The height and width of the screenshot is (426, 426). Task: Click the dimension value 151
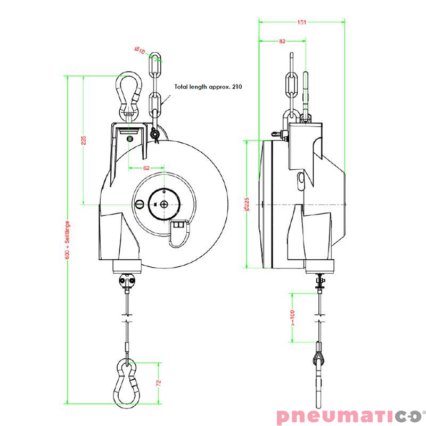(x=302, y=22)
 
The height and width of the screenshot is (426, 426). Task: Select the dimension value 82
(x=282, y=41)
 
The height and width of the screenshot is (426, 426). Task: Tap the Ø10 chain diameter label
(x=140, y=51)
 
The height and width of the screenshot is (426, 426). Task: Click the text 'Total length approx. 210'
(x=208, y=86)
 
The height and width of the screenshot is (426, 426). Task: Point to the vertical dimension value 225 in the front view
(x=84, y=140)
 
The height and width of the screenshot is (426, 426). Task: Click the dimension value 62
(x=146, y=168)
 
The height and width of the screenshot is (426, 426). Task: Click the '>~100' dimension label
(x=293, y=317)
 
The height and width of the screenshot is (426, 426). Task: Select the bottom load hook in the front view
(x=128, y=382)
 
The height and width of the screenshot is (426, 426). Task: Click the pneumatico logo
(x=351, y=415)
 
